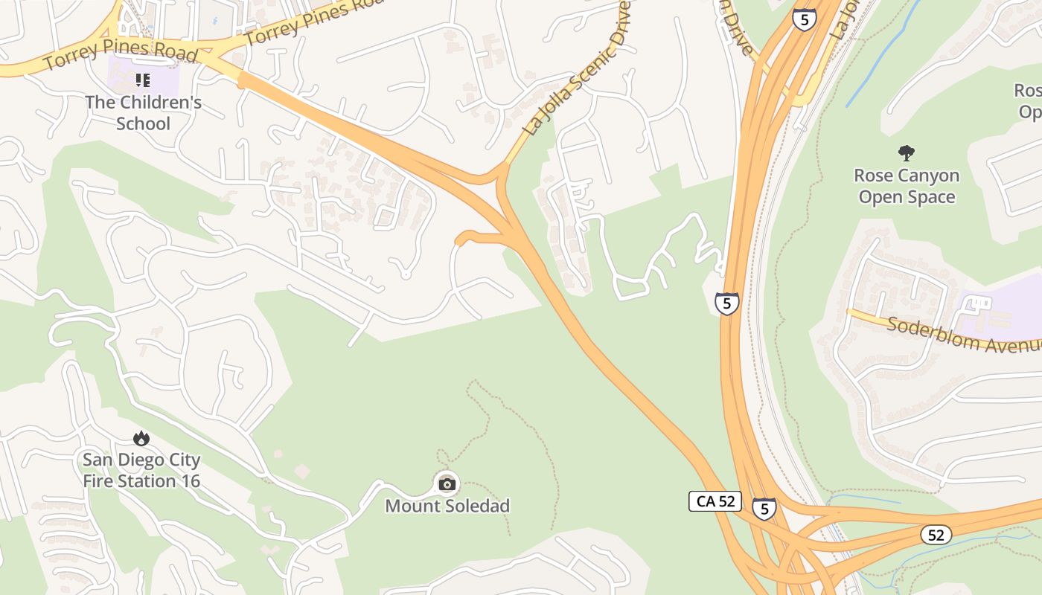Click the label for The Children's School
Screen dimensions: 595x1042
point(143,112)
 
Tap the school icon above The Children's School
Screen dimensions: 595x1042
point(143,80)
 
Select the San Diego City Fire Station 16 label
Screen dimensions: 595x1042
point(141,470)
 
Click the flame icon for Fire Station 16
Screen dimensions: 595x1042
point(141,438)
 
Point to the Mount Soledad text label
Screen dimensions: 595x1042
point(447,506)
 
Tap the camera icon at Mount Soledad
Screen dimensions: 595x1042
point(447,484)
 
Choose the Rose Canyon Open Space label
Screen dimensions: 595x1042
point(906,186)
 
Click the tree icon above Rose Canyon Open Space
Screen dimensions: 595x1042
point(906,154)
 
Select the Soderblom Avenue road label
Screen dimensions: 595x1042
point(964,335)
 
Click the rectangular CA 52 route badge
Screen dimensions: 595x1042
point(715,501)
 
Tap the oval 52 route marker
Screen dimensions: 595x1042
point(936,534)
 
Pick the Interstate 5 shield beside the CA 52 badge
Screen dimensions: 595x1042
point(764,509)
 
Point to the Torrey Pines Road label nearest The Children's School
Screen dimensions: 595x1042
point(119,57)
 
